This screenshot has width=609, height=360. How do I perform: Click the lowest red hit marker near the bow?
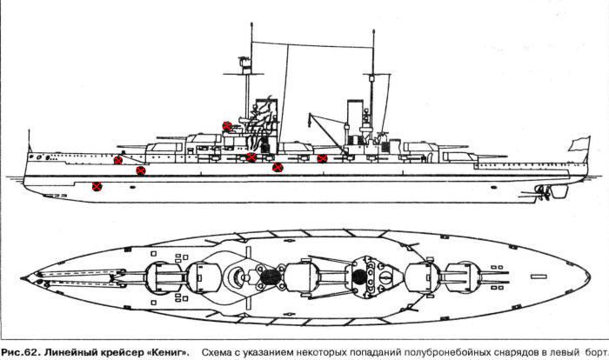coord(97,185)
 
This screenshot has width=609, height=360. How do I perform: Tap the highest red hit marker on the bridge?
coord(228,126)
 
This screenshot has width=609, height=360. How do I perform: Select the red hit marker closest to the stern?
coord(322,158)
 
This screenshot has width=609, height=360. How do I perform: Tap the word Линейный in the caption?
coord(69,348)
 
